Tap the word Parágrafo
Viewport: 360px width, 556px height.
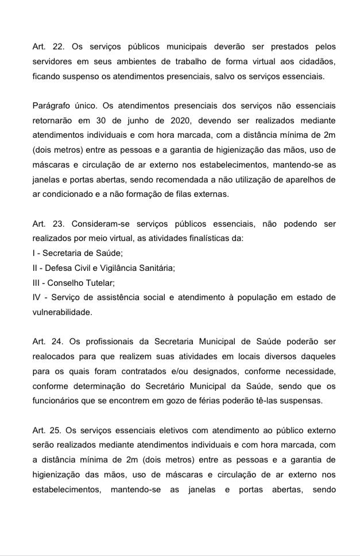53,106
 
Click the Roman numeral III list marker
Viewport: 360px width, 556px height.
37,283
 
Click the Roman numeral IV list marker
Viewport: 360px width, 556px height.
38,297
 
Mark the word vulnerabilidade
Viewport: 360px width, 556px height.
62,312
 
